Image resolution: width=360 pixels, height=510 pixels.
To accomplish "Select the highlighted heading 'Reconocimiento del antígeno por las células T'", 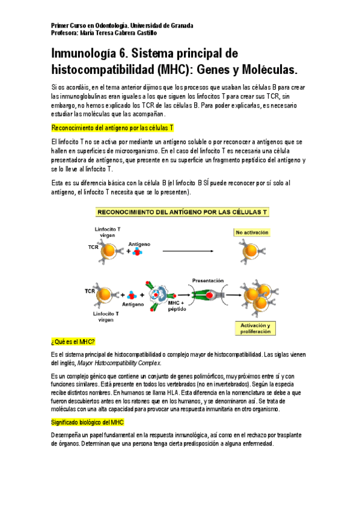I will click(112, 128).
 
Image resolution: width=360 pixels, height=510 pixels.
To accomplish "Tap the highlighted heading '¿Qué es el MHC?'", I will click(73, 342).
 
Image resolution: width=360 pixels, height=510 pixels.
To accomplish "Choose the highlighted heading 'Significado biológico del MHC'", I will click(88, 423).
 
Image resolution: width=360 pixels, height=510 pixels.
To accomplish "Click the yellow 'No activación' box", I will click(252, 232).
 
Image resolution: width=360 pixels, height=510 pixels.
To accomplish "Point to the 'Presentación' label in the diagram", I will click(207, 280).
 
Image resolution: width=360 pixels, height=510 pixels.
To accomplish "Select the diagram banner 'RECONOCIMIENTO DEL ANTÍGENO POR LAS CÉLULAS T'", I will click(182, 212).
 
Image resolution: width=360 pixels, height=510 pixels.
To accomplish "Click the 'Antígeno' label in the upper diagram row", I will click(139, 244).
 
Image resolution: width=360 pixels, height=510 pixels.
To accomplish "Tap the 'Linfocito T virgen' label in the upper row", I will click(107, 233).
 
